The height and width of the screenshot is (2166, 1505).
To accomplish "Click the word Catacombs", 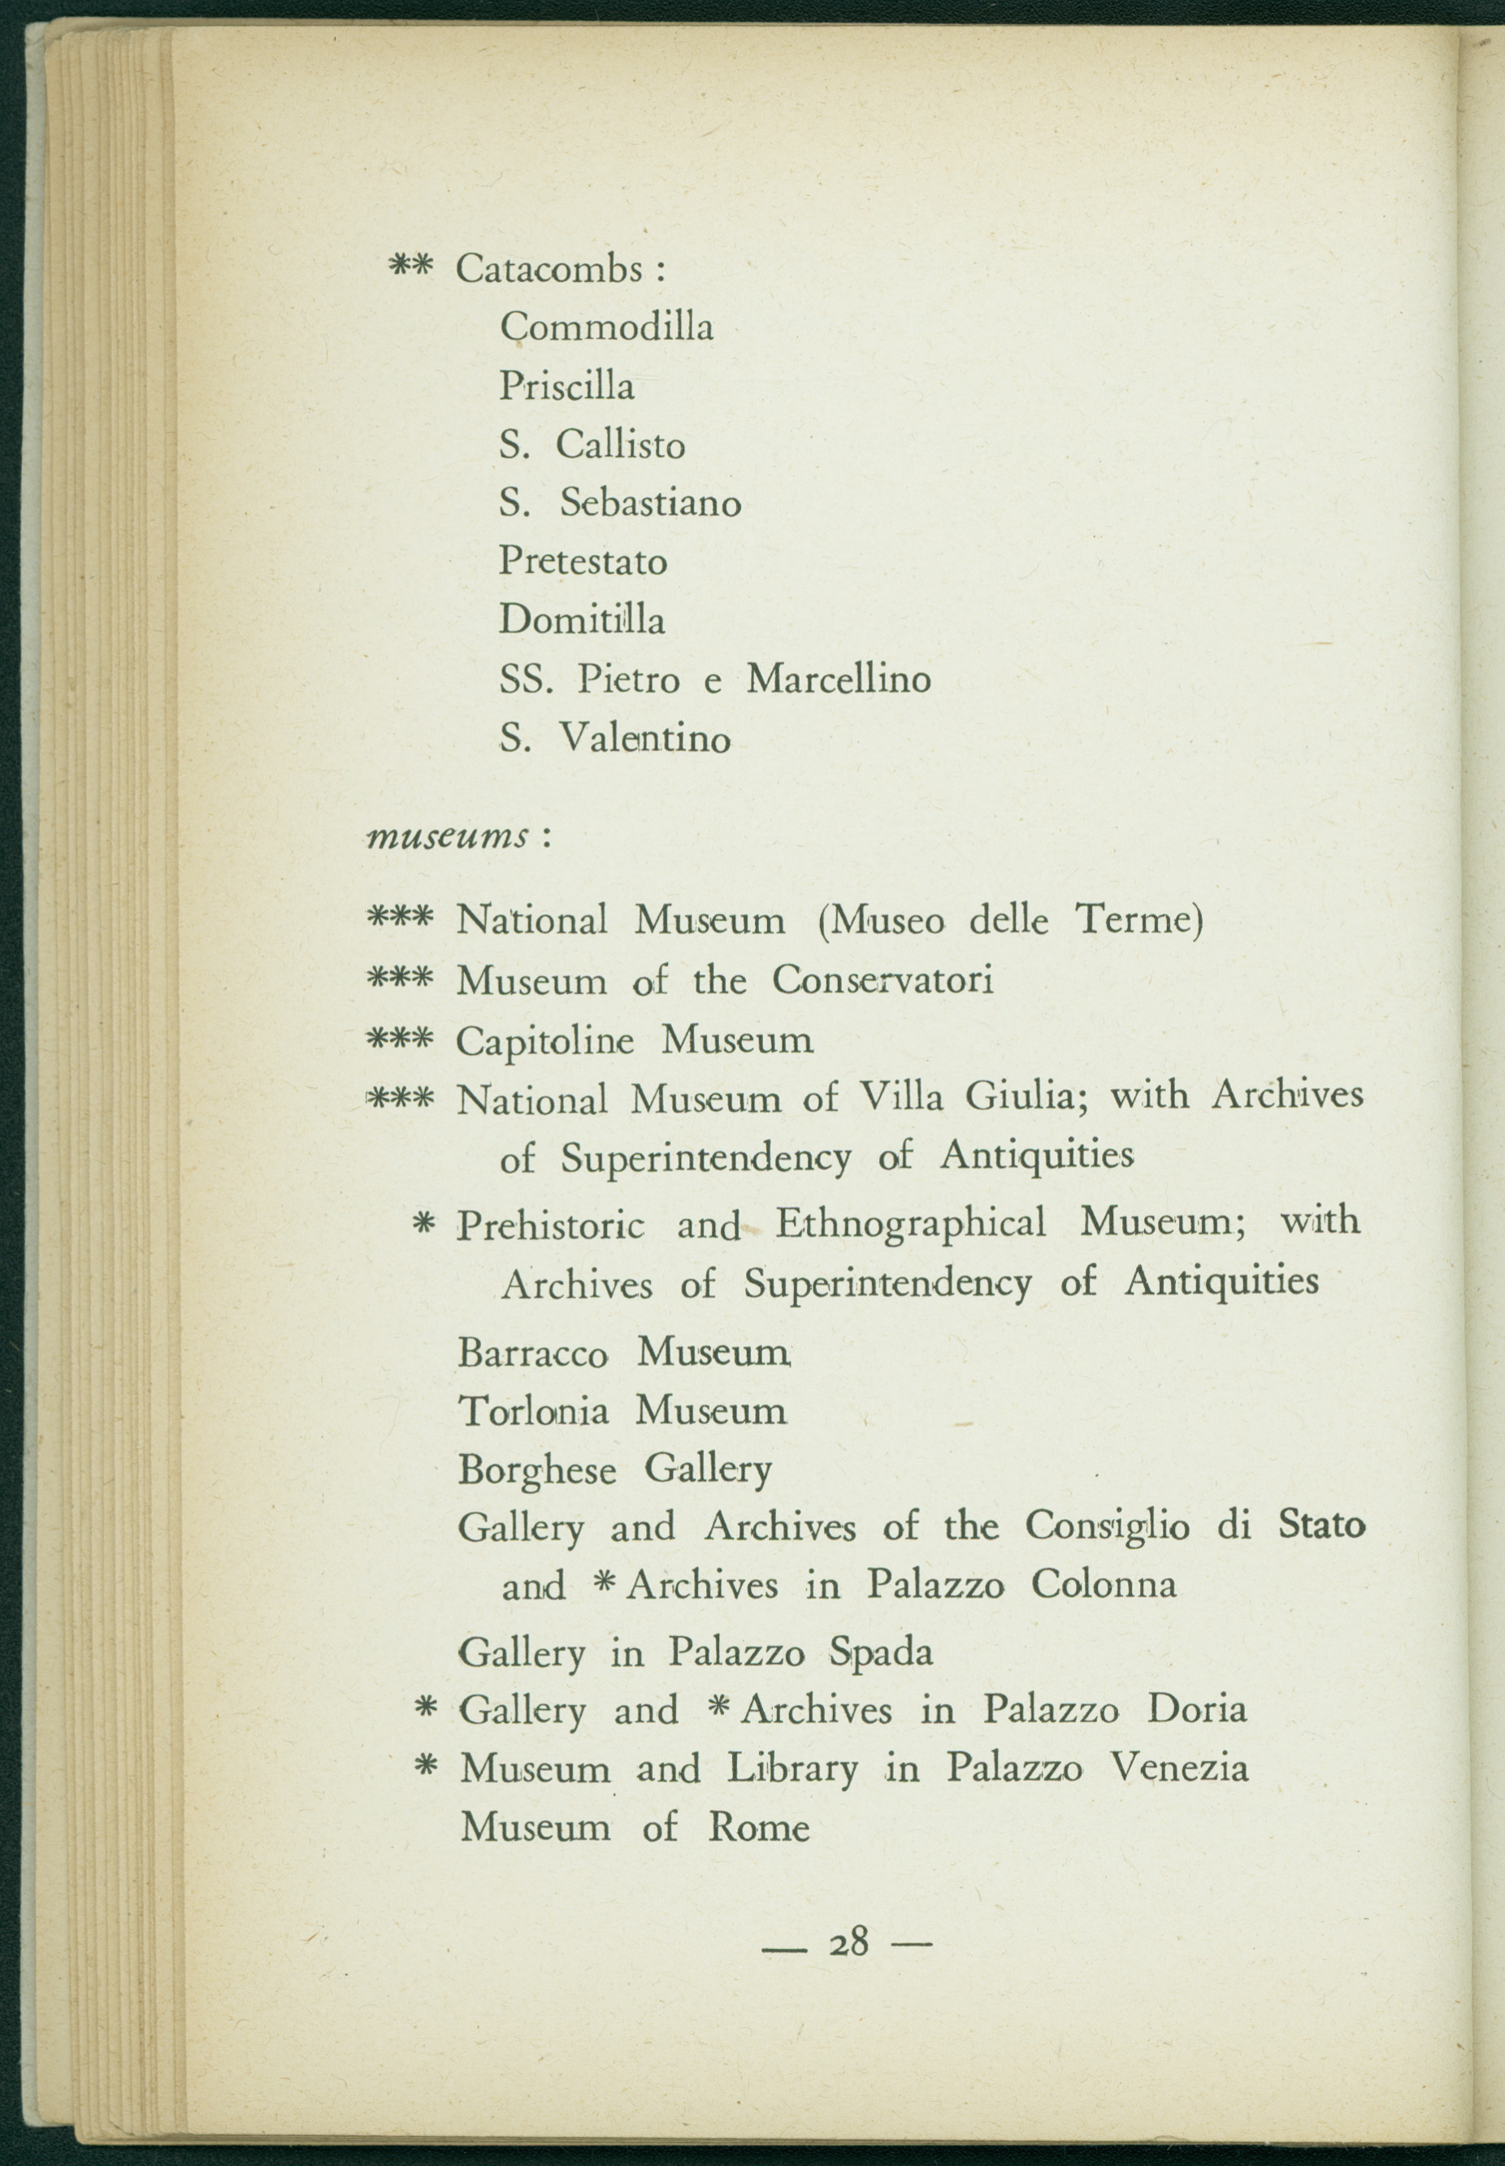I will [549, 270].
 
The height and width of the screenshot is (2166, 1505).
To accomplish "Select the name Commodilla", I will [606, 328].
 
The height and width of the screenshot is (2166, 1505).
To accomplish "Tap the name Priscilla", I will [566, 386].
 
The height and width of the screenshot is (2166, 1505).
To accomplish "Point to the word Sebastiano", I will [651, 502].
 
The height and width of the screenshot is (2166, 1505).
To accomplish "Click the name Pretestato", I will [583, 562].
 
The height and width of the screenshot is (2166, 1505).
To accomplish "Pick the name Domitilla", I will [582, 620].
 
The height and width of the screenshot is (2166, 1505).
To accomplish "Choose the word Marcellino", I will [839, 679].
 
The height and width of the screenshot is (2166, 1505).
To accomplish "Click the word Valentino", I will [645, 737].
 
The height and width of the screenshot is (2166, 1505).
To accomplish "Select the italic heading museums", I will [447, 836].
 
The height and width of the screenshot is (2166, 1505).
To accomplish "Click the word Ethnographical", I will [911, 1223].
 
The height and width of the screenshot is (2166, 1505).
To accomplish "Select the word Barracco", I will [533, 1354].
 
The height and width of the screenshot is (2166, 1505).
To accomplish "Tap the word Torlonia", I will [533, 1412].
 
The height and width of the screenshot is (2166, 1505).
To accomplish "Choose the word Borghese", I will [537, 1470].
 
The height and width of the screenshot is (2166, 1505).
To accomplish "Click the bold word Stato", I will [1321, 1525].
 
